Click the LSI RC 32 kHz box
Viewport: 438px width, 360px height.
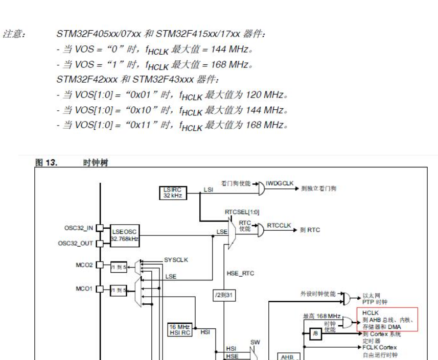(173, 192)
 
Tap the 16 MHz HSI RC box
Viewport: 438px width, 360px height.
(180, 330)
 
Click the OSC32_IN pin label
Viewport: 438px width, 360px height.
(79, 228)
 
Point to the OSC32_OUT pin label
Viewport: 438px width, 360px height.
(76, 243)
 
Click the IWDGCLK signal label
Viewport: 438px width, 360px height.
(280, 183)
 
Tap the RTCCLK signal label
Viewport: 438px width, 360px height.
(279, 225)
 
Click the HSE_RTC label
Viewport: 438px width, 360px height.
(240, 274)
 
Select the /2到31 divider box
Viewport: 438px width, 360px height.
(224, 294)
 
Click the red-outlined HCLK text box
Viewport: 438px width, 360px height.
(387, 319)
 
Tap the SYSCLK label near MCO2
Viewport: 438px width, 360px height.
(176, 260)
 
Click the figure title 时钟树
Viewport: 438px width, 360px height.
(96, 163)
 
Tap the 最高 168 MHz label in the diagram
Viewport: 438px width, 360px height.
(322, 316)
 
